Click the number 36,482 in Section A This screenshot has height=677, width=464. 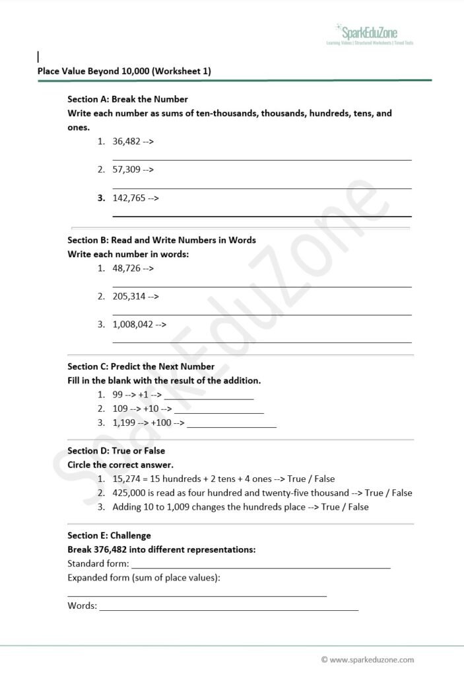point(126,141)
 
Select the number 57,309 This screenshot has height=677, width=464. point(126,170)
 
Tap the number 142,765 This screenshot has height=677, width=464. point(129,198)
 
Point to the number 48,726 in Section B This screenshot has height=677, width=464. point(126,268)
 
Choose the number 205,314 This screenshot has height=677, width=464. point(129,297)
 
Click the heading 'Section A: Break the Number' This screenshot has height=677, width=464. point(127,99)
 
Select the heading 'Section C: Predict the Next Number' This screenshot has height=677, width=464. point(141,366)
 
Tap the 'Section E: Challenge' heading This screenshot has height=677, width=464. point(109,536)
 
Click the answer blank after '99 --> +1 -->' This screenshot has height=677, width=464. point(209,395)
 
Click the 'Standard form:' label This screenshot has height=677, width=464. point(98,564)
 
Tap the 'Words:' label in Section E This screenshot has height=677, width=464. point(82,606)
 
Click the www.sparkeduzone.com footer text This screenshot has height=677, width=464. point(372,659)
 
